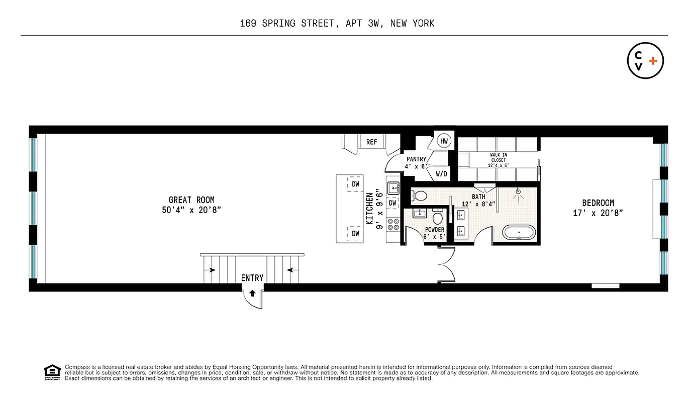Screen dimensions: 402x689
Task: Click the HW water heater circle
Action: [444, 141]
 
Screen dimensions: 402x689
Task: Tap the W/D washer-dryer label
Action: [441, 174]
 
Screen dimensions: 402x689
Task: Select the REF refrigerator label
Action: [371, 142]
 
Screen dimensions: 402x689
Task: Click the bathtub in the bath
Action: [520, 233]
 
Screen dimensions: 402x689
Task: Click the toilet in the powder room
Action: [438, 218]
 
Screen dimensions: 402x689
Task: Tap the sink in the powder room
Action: [420, 213]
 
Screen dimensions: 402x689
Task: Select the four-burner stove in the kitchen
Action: [392, 223]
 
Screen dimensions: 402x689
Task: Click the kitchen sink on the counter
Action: [392, 188]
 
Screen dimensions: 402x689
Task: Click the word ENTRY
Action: [252, 278]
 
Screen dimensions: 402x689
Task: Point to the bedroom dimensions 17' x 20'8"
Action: [598, 213]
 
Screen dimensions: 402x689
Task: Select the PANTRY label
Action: [416, 159]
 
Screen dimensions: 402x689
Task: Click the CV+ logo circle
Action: [645, 61]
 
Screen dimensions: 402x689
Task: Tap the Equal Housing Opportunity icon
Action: [52, 372]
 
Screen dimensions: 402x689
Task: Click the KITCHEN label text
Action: [370, 208]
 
